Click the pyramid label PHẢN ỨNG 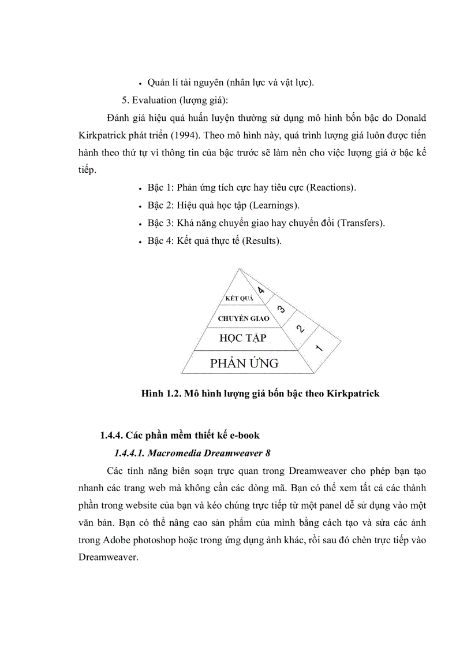tap(244, 363)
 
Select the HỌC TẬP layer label tap(243, 338)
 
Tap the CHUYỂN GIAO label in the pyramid tap(242, 318)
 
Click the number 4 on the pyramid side tap(261, 291)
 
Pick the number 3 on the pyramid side tap(281, 309)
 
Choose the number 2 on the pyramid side tap(300, 328)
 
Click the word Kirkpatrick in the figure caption tap(353, 394)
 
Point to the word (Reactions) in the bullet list tap(331, 188)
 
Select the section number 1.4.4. tap(112, 435)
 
